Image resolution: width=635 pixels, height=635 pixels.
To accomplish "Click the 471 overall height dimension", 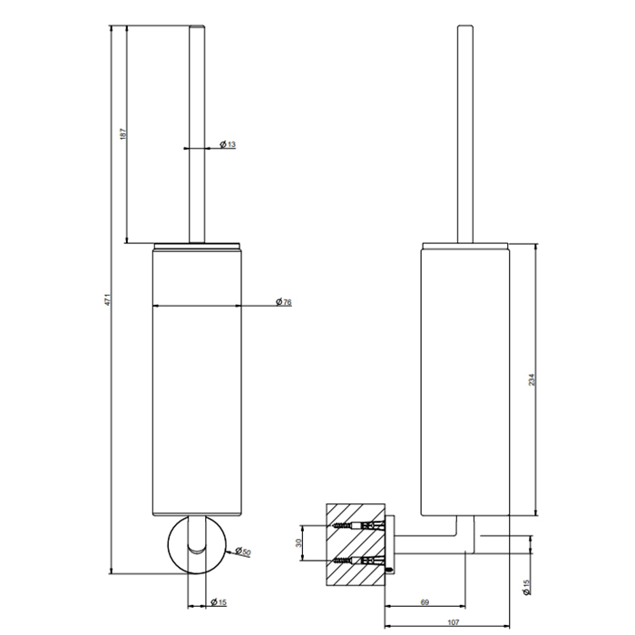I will click(x=108, y=300).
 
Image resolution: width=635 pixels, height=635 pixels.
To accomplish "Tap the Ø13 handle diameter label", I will click(x=227, y=145).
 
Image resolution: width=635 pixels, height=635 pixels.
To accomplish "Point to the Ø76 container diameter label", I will click(x=283, y=302).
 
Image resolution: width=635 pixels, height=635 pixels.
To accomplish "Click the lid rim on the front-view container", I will click(x=197, y=245).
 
